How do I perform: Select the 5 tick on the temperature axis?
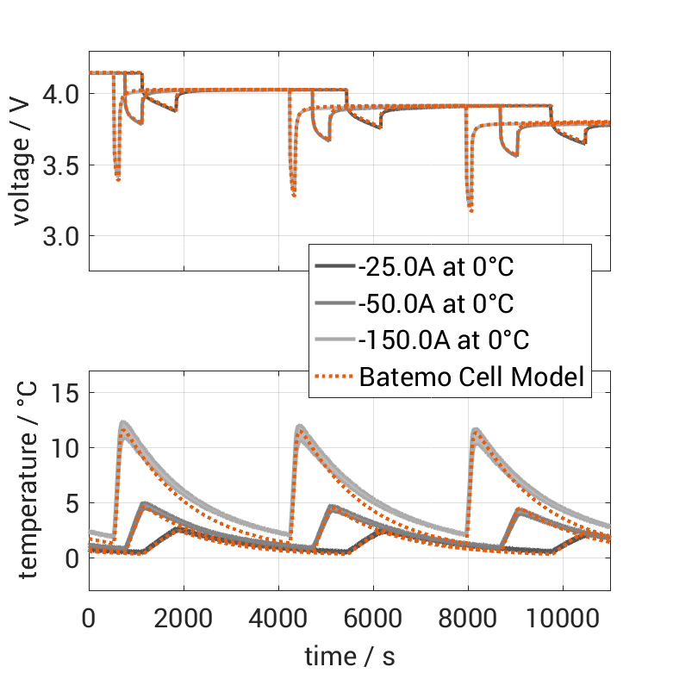tap(72, 502)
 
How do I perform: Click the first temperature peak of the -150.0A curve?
tap(123, 422)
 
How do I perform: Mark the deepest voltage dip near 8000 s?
tap(470, 210)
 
